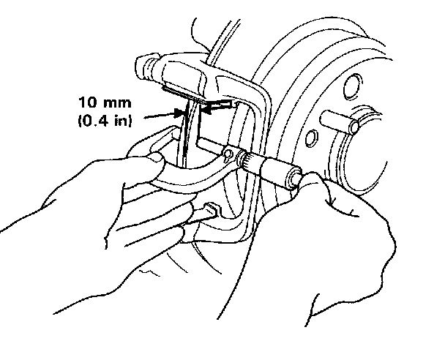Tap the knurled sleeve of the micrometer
click(x=253, y=161)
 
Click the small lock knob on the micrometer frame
click(x=228, y=155)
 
